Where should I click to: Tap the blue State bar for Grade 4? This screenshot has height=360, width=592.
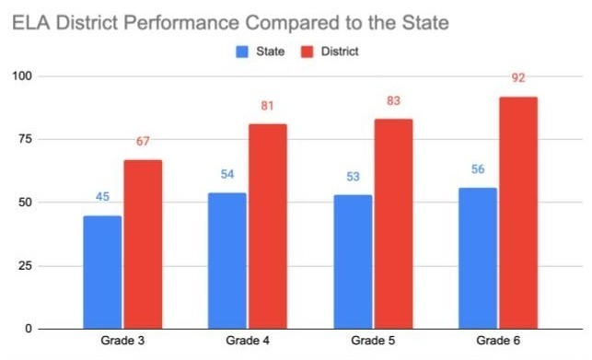coord(227,261)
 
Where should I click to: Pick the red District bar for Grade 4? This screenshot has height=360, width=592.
coord(268,226)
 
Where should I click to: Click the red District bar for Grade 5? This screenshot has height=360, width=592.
coord(393,224)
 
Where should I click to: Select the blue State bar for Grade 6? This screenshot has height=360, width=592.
coord(478,258)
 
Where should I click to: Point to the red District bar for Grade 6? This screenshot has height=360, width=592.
coord(518,213)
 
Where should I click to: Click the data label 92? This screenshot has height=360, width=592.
coord(518,78)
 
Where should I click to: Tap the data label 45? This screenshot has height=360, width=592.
coord(102,197)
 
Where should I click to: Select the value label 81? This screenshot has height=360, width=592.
coord(268,106)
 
